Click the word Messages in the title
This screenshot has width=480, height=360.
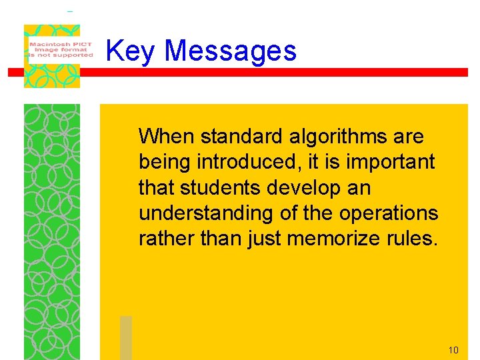coord(230,51)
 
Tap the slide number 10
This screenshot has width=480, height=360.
coord(453,350)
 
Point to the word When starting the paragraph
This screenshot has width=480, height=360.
coord(166,137)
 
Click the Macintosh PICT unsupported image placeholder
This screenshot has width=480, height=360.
coord(52,55)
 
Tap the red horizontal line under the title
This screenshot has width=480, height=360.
coord(267,72)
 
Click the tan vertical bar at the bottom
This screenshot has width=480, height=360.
coord(126,337)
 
